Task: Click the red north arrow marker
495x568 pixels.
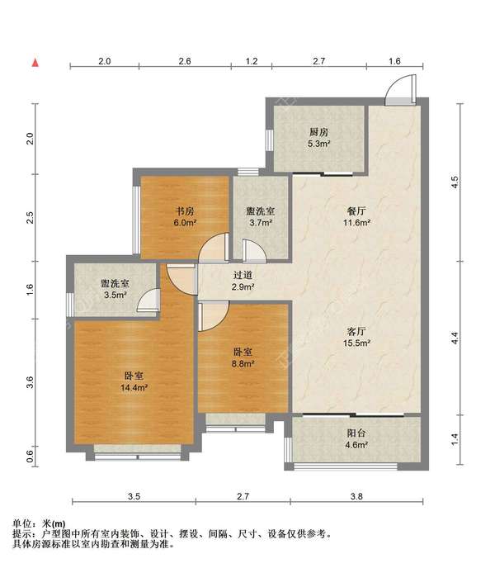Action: (x=35, y=63)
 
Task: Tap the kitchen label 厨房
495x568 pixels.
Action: (x=318, y=132)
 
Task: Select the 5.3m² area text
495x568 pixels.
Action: (x=318, y=144)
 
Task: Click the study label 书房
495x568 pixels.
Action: (x=185, y=211)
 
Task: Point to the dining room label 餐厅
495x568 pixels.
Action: (x=356, y=211)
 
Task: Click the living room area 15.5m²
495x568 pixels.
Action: (x=356, y=343)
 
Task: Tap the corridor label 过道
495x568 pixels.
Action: (x=243, y=275)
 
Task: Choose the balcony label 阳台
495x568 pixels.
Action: (x=356, y=433)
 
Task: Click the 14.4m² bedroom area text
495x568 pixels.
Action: (x=134, y=388)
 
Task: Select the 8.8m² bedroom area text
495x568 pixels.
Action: (x=243, y=363)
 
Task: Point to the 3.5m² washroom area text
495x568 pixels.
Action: (x=115, y=295)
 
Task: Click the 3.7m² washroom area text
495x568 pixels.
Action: (x=261, y=222)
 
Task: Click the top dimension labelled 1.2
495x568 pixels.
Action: (x=252, y=61)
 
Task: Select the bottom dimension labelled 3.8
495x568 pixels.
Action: (x=356, y=496)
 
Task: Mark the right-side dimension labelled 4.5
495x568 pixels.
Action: (x=455, y=182)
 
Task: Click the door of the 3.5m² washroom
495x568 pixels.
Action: (x=149, y=301)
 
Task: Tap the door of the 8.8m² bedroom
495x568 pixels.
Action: (x=213, y=316)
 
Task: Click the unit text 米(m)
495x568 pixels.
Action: (x=54, y=523)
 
